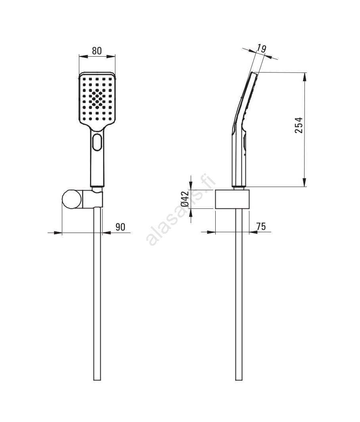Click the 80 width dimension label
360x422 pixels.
[97, 51]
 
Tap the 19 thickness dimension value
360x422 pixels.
[261, 49]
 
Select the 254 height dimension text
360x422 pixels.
[299, 125]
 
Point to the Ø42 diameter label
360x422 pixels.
[185, 199]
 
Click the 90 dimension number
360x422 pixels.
[121, 227]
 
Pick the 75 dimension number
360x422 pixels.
[261, 226]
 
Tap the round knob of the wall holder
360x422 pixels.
[72, 199]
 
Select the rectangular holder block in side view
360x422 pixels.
[232, 199]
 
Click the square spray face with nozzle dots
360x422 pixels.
[97, 99]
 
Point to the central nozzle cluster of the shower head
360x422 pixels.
[97, 98]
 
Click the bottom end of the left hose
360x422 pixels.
[97, 380]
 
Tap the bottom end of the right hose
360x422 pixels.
[239, 380]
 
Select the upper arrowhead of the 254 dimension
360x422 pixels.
[304, 77]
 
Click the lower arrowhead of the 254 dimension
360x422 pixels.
[304, 182]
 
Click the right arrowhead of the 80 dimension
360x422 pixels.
[111, 56]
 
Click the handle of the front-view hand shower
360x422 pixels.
[97, 157]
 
